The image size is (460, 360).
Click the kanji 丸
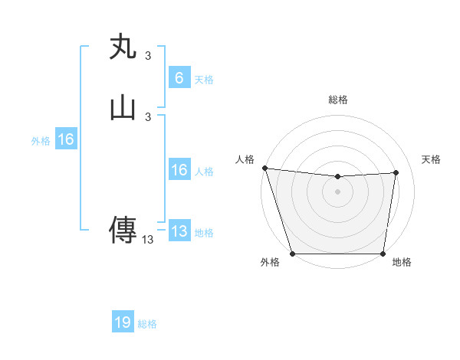click(x=123, y=47)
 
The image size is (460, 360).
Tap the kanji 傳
click(x=123, y=229)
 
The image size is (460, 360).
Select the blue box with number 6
click(x=179, y=78)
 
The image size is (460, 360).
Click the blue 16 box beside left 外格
click(x=65, y=139)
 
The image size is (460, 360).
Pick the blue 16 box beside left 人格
click(x=179, y=170)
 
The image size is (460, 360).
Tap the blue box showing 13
click(x=179, y=231)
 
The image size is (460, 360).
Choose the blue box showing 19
click(x=123, y=322)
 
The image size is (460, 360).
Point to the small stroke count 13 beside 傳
click(x=147, y=240)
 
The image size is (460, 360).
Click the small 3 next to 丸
click(x=147, y=55)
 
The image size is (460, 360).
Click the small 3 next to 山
click(x=147, y=116)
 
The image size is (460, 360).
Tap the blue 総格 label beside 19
click(x=147, y=324)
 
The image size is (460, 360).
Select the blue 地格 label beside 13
click(x=204, y=233)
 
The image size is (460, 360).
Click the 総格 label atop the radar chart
click(x=338, y=100)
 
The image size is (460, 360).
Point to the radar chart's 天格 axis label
click(x=431, y=159)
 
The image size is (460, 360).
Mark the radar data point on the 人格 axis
click(x=264, y=168)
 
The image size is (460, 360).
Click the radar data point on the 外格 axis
click(x=293, y=254)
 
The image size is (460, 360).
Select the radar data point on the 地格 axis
click(x=383, y=254)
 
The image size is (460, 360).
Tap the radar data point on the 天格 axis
click(x=396, y=172)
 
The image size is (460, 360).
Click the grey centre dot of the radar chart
click(x=338, y=191)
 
